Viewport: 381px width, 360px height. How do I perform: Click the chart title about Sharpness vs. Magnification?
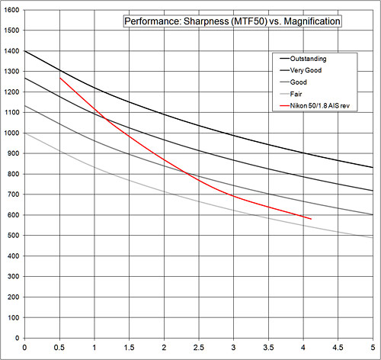tap(232, 21)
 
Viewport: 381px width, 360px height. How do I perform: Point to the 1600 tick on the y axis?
tap(11, 10)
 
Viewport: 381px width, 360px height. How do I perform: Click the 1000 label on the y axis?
tap(11, 133)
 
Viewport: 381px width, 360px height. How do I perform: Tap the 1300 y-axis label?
tap(11, 72)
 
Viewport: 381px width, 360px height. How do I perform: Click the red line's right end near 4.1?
tap(310, 219)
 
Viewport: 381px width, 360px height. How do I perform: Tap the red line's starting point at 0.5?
tap(59, 78)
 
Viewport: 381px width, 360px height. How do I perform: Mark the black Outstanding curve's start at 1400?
tap(25, 51)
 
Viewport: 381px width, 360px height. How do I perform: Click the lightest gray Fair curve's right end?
tap(373, 238)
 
